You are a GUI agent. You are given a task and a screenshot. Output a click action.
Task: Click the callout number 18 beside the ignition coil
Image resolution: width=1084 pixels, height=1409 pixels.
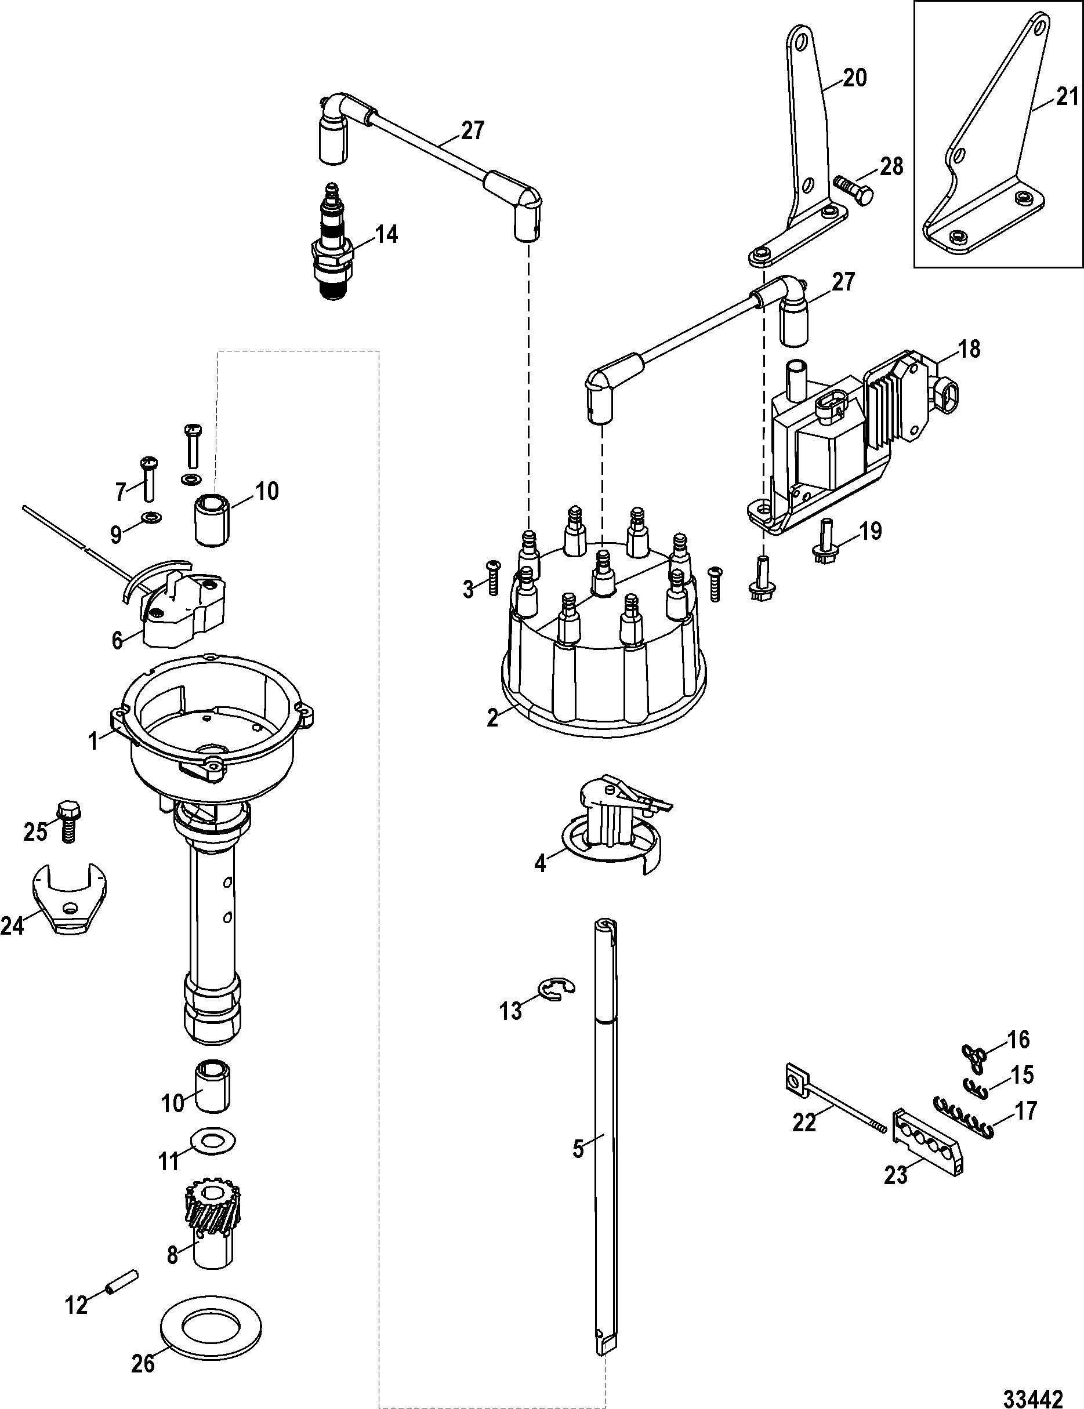tap(969, 349)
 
